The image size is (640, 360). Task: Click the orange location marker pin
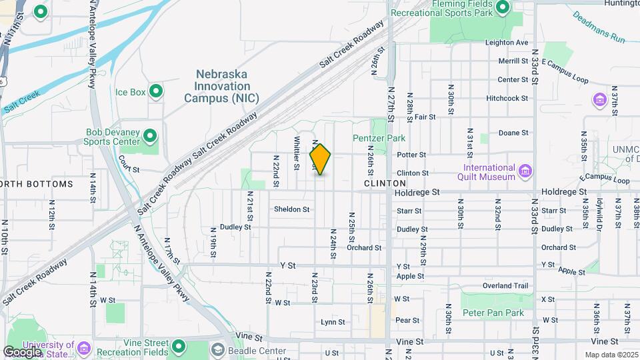coord(321,159)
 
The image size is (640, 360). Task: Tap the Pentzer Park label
coord(379,139)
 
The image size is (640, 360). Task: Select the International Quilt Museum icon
coord(525,172)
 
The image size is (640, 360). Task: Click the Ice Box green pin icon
coord(156,91)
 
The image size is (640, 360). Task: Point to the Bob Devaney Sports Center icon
coord(151,137)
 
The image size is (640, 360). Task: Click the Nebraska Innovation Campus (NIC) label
coord(222,87)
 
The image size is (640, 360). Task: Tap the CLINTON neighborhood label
coord(385,183)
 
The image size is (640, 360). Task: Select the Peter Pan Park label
coord(493,313)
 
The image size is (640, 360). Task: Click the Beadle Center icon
coord(219,350)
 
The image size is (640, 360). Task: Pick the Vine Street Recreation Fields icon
coord(178,346)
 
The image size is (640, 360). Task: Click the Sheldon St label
coord(292,209)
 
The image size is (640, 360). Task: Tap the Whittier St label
coord(296,153)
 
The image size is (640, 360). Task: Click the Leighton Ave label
coord(507,42)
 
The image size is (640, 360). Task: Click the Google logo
coord(22,351)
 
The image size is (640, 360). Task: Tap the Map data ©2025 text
coord(611,355)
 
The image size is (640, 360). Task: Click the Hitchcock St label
coord(507,98)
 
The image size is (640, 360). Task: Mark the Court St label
coord(129,169)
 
